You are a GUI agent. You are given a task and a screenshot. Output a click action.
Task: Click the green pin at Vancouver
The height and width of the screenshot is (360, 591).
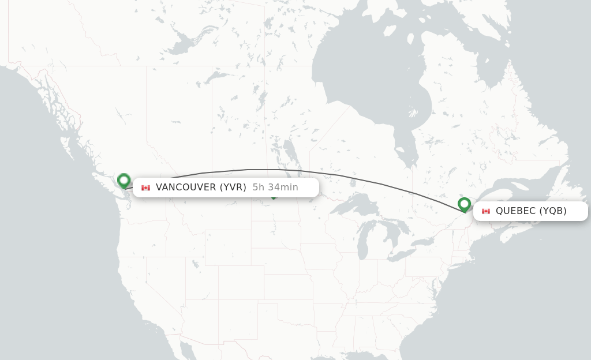click(124, 181)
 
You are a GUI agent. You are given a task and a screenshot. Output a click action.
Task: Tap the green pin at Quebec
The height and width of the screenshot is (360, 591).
click(464, 204)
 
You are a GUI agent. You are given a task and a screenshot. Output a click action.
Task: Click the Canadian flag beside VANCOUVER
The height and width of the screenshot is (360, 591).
click(145, 187)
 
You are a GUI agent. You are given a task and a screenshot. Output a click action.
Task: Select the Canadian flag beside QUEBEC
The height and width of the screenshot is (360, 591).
click(485, 211)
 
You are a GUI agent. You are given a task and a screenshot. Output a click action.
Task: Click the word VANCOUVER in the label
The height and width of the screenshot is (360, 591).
click(185, 187)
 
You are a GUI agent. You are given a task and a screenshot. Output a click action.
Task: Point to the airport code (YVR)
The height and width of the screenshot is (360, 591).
click(233, 187)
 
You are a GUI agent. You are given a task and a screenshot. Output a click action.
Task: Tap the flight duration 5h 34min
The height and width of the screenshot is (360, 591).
click(275, 187)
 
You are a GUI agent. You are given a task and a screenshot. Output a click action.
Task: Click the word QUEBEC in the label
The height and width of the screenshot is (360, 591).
click(515, 211)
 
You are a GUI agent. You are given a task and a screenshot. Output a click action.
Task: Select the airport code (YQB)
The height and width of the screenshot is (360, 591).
click(553, 211)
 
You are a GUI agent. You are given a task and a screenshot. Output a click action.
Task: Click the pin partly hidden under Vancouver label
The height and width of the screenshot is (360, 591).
click(274, 197)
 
